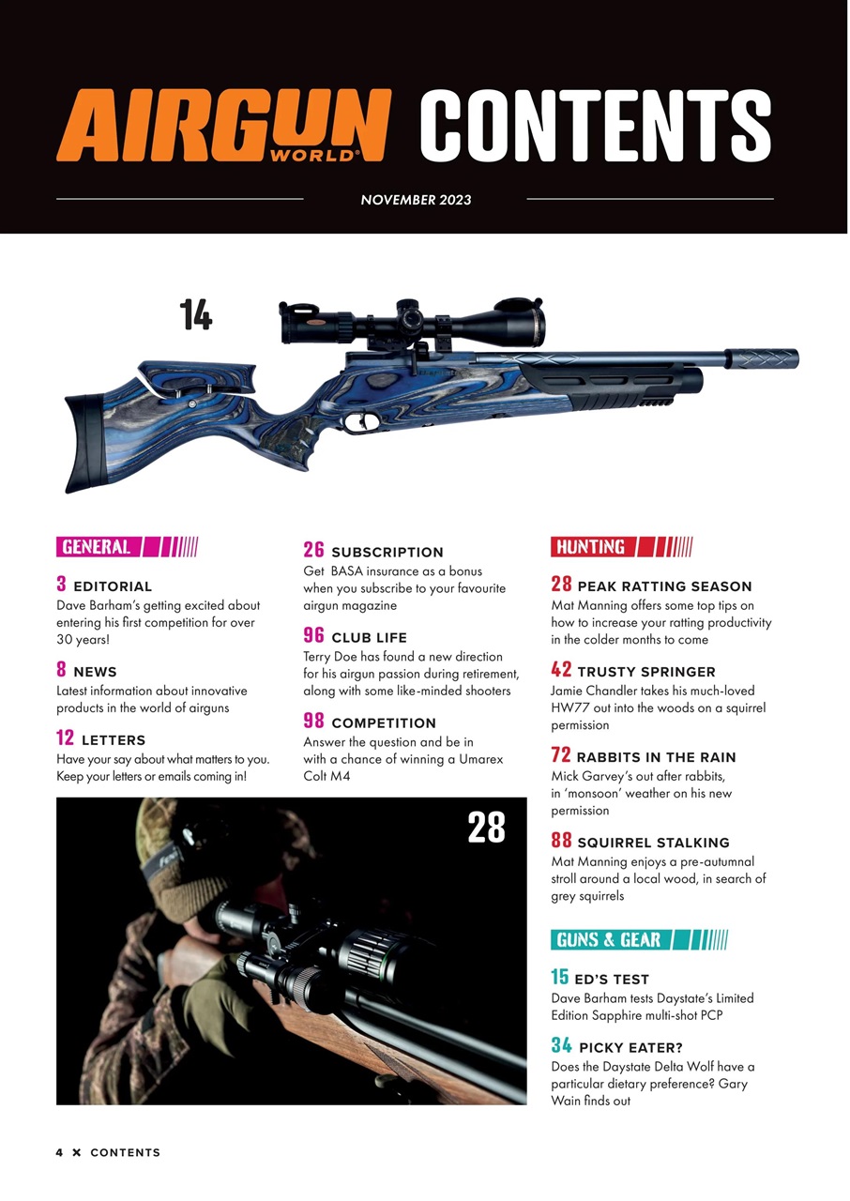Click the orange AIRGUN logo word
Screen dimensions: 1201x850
tap(223, 124)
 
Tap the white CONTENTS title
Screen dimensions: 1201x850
tap(594, 125)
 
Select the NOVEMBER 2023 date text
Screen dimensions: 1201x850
tap(416, 199)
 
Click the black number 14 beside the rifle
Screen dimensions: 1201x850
tap(195, 314)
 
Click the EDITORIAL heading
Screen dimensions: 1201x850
tap(112, 586)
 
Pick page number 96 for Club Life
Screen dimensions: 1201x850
tap(313, 635)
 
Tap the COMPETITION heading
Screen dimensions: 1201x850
tap(383, 723)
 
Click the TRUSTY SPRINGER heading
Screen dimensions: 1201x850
tap(645, 672)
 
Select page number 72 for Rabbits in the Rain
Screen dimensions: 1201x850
tap(561, 755)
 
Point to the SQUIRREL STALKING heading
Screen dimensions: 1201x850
tap(652, 843)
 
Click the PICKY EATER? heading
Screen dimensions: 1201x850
tap(630, 1047)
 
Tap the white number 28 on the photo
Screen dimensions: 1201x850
tap(486, 827)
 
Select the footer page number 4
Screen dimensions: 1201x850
tap(59, 1152)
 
